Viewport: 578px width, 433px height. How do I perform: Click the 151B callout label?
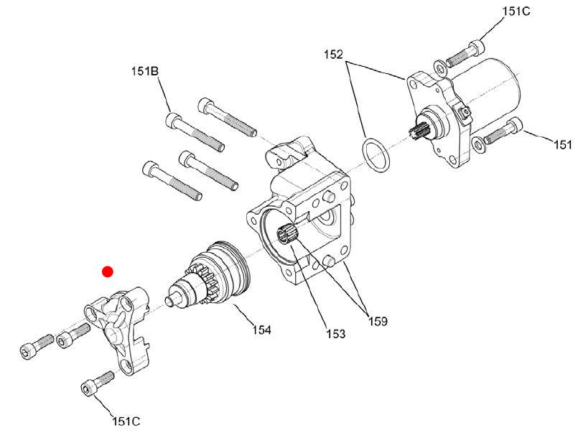(145, 71)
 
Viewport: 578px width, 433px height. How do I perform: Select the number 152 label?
(334, 55)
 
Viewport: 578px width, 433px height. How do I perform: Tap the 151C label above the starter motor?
(516, 11)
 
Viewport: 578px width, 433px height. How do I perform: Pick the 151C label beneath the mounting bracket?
(126, 421)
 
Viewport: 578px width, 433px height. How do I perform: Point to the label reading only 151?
(563, 144)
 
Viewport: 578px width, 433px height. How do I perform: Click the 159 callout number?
(378, 322)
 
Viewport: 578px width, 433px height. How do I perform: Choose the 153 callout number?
(336, 334)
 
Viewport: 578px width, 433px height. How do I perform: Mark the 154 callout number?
(262, 330)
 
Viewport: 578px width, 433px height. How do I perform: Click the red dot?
(108, 272)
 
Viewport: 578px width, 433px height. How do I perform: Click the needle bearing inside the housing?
(287, 233)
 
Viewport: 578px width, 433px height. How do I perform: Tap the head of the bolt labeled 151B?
(173, 120)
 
